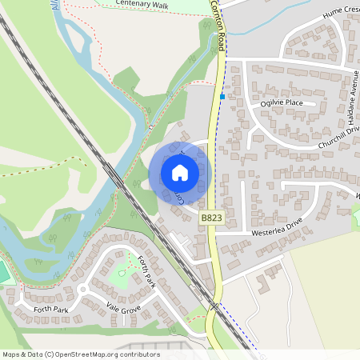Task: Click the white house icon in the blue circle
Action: point(180,173)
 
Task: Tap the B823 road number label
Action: point(211,218)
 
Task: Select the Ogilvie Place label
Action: point(282,103)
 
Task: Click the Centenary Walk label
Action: point(143,4)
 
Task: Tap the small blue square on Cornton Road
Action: point(222,97)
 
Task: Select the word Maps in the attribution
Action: point(11,354)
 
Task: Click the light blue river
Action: point(88,64)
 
